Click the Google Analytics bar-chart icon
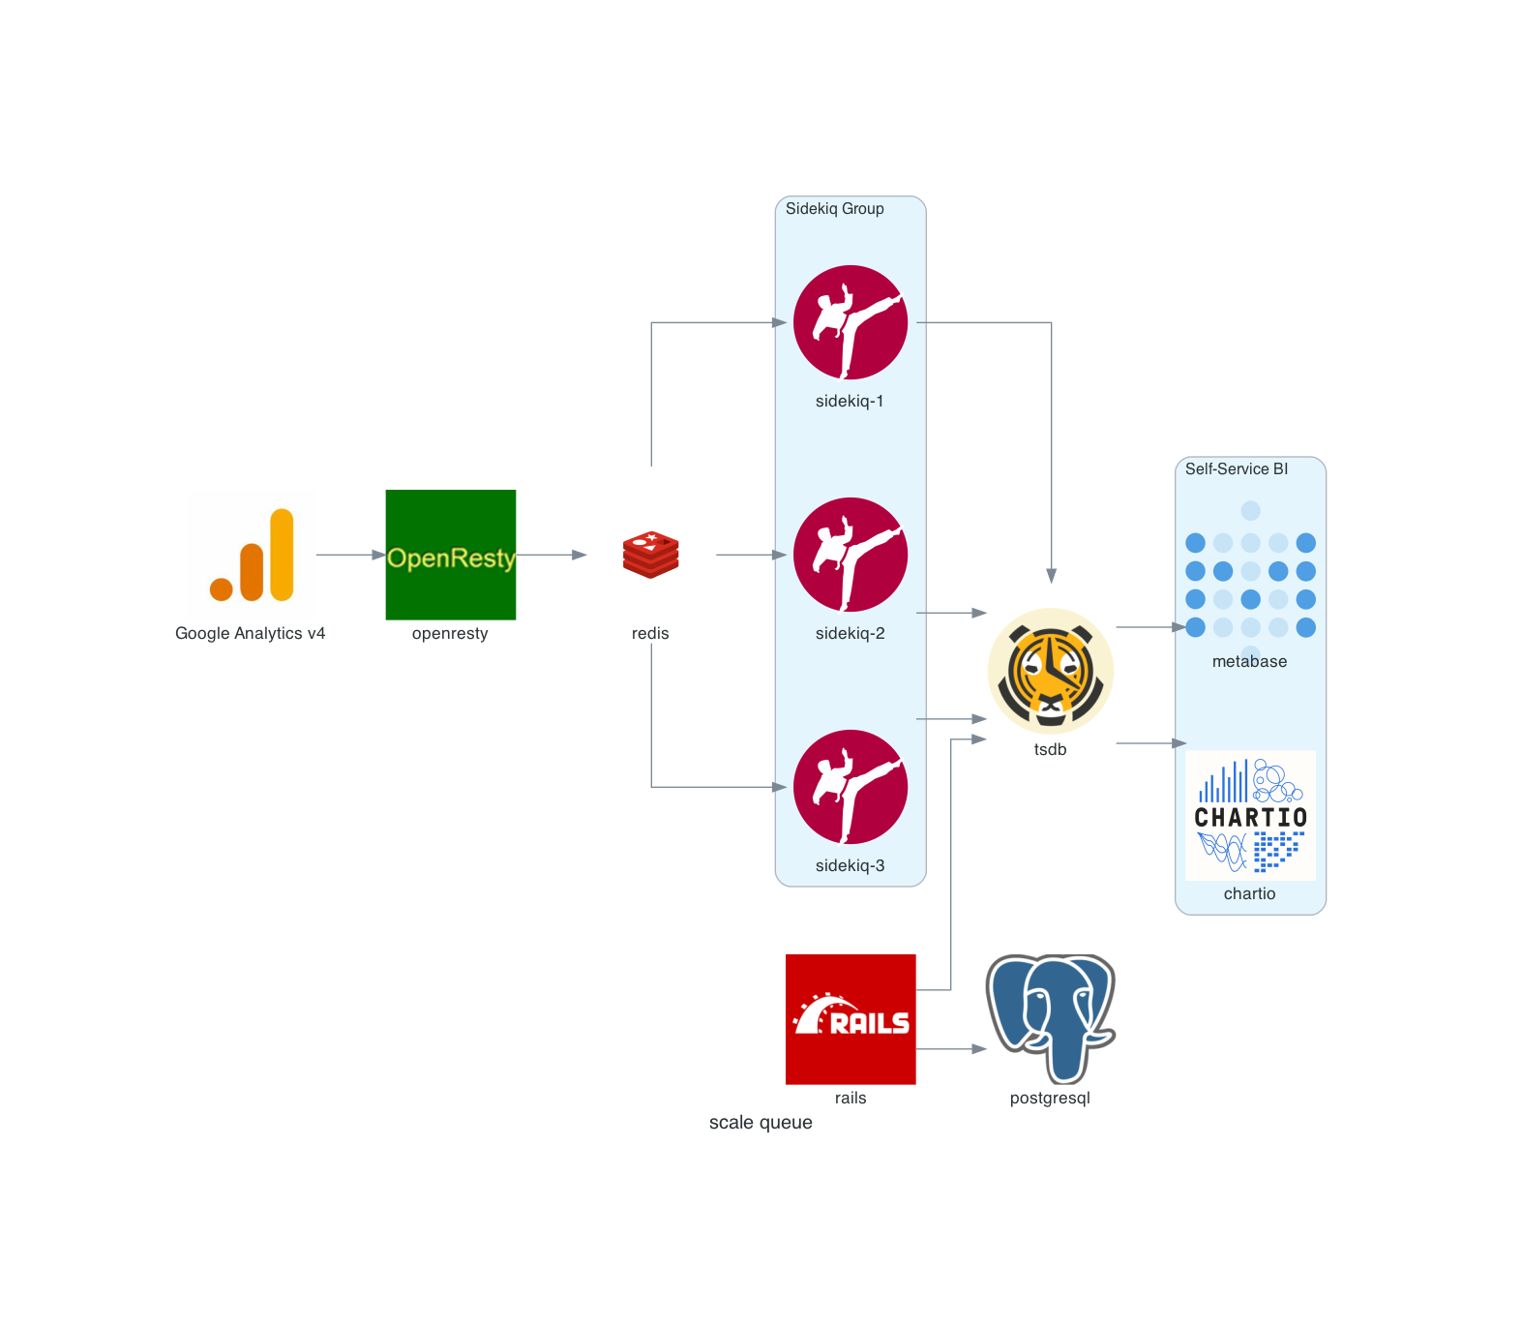[x=252, y=555]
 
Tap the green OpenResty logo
[x=450, y=555]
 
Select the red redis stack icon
[x=650, y=555]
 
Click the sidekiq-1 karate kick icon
[x=851, y=322]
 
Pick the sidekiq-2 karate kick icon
[x=851, y=555]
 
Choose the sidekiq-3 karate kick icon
[x=851, y=787]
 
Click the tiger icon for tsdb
[x=1050, y=671]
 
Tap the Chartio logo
[x=1250, y=815]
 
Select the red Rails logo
[x=851, y=1019]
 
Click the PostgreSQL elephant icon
[x=1050, y=1019]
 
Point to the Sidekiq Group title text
[x=834, y=208]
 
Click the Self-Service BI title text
[x=1236, y=468]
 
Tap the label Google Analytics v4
[x=250, y=633]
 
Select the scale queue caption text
[x=761, y=1122]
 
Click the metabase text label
[x=1249, y=661]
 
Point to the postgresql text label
[x=1050, y=1098]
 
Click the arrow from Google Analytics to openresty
[x=350, y=555]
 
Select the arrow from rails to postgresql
[x=950, y=1048]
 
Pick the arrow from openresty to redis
[x=551, y=555]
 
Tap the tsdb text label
[x=1050, y=749]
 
